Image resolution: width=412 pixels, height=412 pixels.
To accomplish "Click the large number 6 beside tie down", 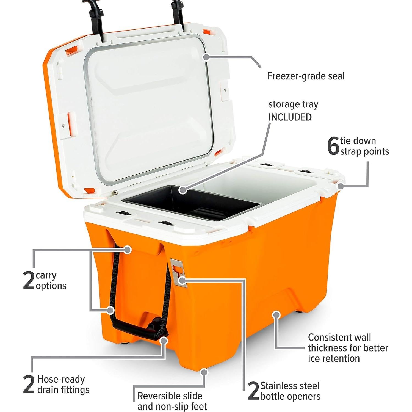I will coord(333,146).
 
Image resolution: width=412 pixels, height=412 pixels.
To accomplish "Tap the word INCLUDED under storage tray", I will coord(290,117).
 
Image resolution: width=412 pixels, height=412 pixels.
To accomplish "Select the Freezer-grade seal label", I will coord(306,76).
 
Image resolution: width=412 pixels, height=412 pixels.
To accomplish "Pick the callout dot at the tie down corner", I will coord(341,186).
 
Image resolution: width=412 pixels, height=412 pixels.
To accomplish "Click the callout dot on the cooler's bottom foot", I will coord(204,372).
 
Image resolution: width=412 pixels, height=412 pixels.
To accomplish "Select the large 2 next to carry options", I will coord(29,281).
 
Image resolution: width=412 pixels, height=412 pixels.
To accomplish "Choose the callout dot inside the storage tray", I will coord(182,190).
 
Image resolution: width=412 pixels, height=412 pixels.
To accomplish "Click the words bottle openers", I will coord(290,396).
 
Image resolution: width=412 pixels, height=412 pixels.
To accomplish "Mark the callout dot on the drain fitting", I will coord(164,341).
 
